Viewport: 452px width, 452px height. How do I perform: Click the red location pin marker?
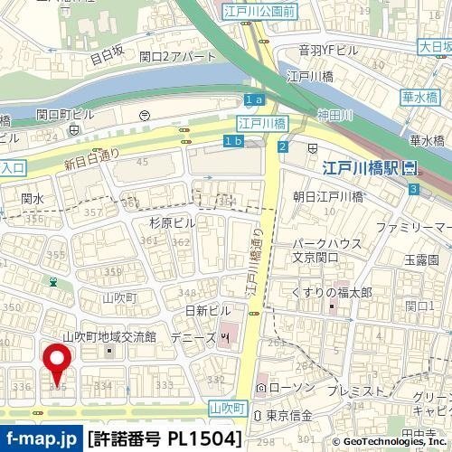[60, 363]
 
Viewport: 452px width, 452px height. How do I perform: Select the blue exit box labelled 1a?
[253, 99]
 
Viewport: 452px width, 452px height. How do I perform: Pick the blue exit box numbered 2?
[283, 147]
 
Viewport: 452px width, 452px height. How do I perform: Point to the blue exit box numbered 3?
[413, 189]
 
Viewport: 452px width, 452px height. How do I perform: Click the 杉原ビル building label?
[172, 221]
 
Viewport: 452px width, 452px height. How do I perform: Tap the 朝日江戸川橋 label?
[327, 195]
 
